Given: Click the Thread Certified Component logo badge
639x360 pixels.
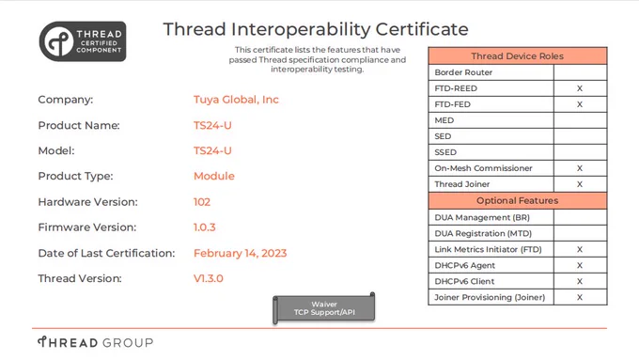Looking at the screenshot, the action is pos(83,41).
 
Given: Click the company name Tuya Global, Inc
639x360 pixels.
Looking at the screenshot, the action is pos(236,100).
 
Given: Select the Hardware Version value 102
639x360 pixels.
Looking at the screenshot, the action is pos(202,202).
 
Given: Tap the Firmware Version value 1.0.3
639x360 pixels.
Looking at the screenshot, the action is pos(204,227).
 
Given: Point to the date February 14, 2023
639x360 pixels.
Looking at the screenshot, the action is pos(240,253).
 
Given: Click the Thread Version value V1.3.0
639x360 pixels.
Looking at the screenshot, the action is pos(209,278).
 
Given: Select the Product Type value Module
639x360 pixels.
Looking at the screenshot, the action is pos(214,176).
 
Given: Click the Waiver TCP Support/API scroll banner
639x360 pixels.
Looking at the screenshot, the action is pos(324,308).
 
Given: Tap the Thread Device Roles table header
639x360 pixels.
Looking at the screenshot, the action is pos(518,55).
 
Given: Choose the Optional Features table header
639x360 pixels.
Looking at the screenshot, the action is pos(518,200).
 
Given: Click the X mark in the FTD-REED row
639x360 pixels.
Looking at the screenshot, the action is pos(580,88).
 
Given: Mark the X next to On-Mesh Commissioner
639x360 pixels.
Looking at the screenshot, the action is pos(580,168).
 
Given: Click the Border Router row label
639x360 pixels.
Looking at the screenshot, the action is pos(463,72).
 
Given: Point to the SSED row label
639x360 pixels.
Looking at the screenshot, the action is pos(445,152).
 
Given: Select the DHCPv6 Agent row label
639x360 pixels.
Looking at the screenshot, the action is pos(464,265).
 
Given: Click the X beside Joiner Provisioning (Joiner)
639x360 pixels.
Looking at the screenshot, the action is pos(580,298).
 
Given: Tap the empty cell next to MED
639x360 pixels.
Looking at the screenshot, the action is pos(581,120).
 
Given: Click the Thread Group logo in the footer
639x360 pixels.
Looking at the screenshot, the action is pos(95,342).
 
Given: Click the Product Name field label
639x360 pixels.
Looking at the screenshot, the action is pos(79,125).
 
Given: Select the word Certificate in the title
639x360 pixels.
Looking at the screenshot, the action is pos(422,29).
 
